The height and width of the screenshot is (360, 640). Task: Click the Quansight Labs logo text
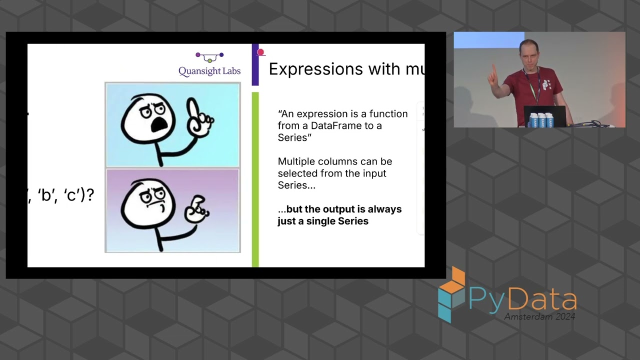point(209,71)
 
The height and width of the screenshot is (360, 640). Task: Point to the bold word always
point(384,209)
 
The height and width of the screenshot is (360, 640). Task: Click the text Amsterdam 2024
point(539,316)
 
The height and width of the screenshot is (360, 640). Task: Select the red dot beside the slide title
point(260,52)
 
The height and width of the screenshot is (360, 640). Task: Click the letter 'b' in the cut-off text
point(46,195)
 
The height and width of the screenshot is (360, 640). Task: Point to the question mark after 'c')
point(90,195)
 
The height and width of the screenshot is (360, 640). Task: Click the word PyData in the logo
point(522,299)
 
